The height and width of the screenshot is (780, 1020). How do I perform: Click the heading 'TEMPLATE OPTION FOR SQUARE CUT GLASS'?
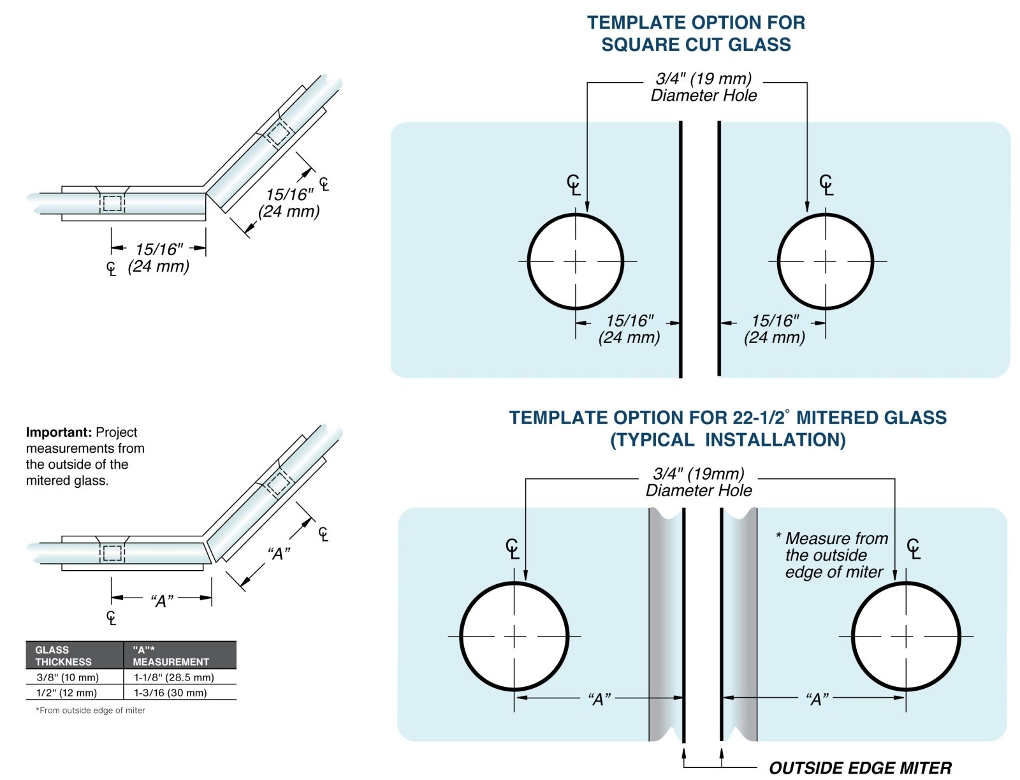point(696,33)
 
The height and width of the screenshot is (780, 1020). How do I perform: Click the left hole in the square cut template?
point(575,261)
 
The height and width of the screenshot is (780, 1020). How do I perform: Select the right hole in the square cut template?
point(825,261)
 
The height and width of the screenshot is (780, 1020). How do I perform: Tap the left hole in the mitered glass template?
point(514,636)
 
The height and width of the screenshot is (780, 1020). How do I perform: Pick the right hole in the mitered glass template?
point(905,636)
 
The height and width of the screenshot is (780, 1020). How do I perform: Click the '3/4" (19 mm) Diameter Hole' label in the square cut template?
point(704,87)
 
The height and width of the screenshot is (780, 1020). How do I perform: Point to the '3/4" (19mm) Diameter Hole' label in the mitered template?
point(699,482)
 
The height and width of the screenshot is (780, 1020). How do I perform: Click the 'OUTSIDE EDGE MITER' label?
point(860,768)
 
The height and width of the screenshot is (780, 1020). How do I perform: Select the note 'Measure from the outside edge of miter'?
point(834,555)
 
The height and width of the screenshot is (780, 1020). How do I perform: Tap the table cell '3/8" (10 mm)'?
point(68,677)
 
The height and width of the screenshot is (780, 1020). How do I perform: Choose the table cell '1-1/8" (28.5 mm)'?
point(173,677)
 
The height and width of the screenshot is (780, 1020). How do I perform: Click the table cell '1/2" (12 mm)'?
point(66,693)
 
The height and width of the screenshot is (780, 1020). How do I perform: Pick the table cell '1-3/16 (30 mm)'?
point(170,693)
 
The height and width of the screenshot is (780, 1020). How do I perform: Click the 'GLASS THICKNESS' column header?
point(63,656)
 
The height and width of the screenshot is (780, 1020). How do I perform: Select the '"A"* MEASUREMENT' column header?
point(170,656)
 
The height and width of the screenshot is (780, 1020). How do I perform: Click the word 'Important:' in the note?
point(59,432)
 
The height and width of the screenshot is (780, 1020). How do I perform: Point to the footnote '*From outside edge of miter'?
point(91,710)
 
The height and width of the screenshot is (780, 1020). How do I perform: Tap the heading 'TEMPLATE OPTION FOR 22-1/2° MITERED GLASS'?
point(727,418)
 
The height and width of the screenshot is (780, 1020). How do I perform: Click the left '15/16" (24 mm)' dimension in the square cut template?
point(629,329)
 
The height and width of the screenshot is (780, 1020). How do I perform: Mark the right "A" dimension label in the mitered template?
point(817,699)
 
